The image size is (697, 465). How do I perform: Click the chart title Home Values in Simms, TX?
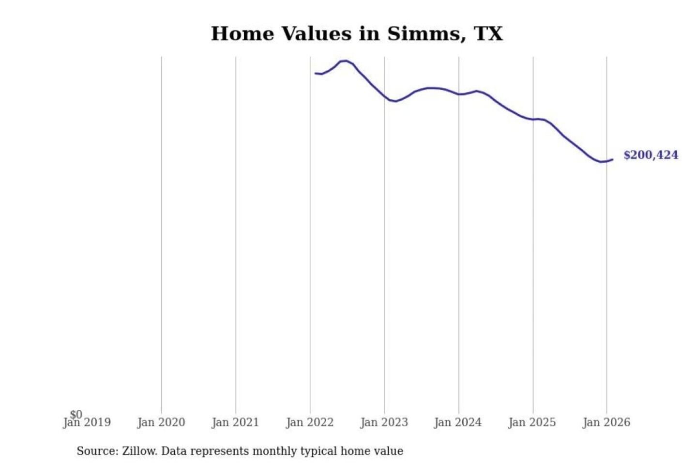[357, 34]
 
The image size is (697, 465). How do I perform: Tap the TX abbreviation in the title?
[488, 34]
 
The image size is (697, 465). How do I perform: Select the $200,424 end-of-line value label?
[651, 155]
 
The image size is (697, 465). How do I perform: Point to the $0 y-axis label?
[76, 414]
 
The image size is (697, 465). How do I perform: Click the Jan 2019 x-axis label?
[87, 423]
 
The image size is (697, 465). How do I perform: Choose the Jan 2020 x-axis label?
[161, 423]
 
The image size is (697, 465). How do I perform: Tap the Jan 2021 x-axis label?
[235, 423]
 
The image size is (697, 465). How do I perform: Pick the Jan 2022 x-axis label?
[310, 423]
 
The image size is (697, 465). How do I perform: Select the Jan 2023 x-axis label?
[384, 423]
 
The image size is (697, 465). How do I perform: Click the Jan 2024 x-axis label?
[458, 423]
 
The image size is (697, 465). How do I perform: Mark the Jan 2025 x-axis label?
[532, 423]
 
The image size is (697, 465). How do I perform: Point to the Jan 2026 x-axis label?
[606, 423]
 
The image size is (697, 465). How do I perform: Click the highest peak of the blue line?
[345, 61]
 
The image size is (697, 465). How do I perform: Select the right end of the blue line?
[612, 159]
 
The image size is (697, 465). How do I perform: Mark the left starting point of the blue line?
[316, 73]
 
